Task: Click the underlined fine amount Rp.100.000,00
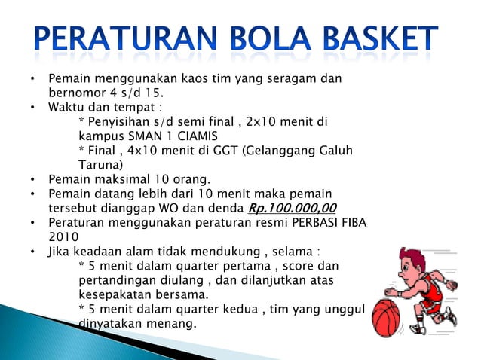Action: tap(292, 209)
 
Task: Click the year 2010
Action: tap(63, 237)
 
